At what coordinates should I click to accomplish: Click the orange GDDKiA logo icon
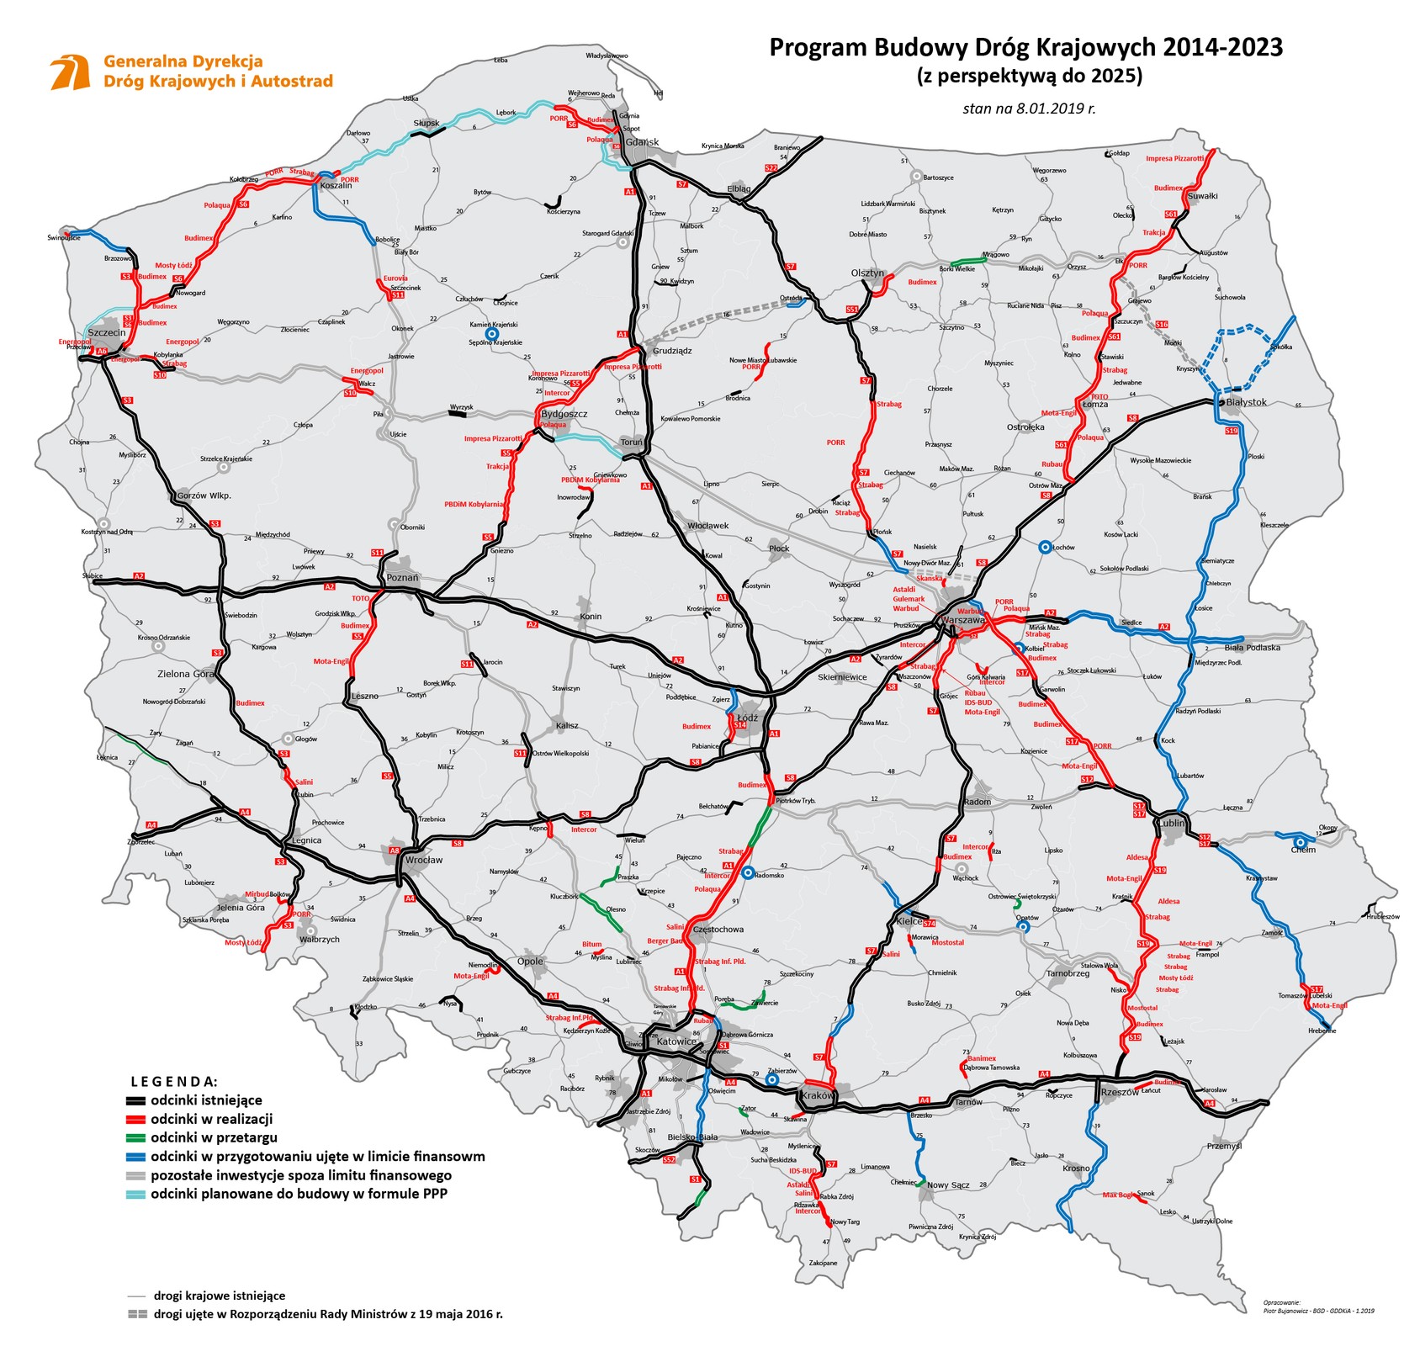tap(71, 72)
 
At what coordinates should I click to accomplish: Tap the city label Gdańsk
tap(642, 142)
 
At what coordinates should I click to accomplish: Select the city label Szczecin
tap(106, 333)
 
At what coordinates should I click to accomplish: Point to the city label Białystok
tap(1246, 402)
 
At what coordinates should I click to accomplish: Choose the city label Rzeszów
tap(1119, 1092)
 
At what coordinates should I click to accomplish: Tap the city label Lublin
tap(1172, 823)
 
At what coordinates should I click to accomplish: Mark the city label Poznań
tap(402, 578)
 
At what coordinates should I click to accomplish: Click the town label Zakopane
tap(823, 1263)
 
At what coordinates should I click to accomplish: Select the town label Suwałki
tap(1202, 196)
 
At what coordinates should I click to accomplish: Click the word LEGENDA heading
tap(174, 1081)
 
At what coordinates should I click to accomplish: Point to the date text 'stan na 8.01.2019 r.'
tap(1029, 108)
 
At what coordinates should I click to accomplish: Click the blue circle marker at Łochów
tap(1044, 547)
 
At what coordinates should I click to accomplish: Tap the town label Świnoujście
tap(64, 238)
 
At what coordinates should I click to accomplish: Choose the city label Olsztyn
tap(867, 273)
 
